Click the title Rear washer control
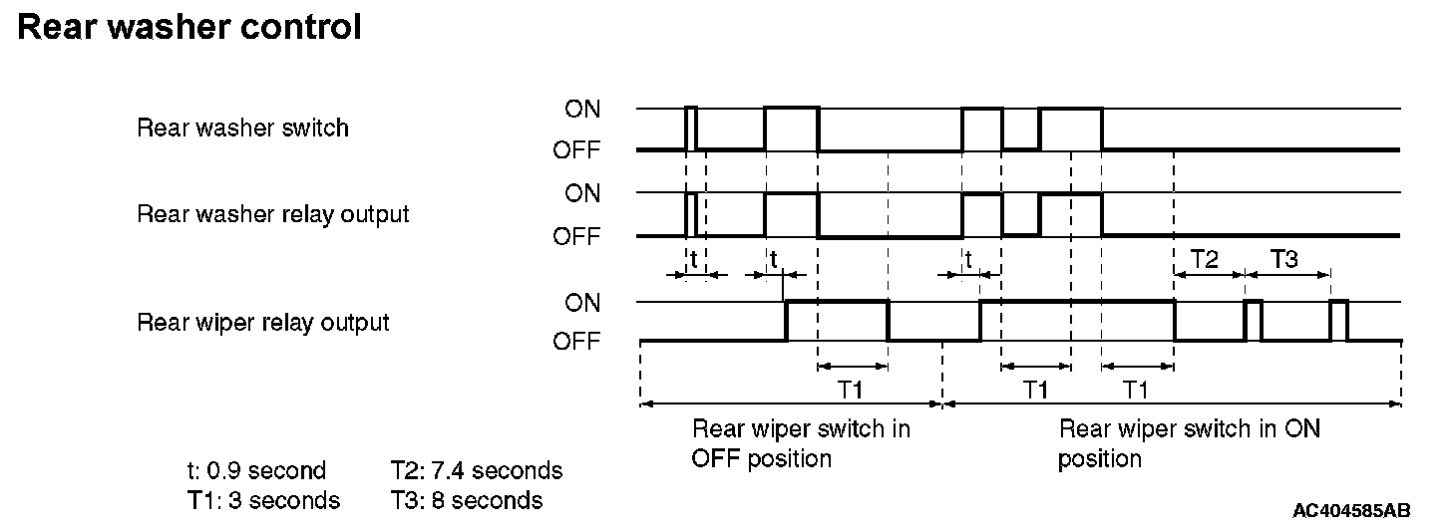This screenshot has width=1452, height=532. [189, 27]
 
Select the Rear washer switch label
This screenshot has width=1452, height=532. [242, 128]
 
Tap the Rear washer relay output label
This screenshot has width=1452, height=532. [272, 214]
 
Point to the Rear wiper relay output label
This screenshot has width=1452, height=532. [262, 322]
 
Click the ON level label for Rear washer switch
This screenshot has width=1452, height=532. [582, 109]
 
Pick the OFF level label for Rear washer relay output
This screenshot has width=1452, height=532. [577, 237]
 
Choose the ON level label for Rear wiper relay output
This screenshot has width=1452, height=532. [582, 301]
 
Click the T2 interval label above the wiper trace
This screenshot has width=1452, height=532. [1205, 260]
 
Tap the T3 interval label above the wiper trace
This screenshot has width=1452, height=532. [1284, 260]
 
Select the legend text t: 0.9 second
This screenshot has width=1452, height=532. [255, 470]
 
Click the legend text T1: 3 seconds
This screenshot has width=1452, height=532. [262, 500]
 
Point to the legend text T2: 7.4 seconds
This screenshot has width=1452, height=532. [477, 470]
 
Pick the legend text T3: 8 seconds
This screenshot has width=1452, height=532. [467, 500]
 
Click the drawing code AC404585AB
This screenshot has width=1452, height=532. [1351, 511]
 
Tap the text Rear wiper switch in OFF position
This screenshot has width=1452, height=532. [801, 443]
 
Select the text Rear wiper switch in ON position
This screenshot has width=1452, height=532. [1189, 443]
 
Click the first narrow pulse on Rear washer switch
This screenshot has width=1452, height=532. [691, 128]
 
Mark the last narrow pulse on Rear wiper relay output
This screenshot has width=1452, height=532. [1339, 320]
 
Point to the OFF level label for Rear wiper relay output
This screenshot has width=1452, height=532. [577, 342]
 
